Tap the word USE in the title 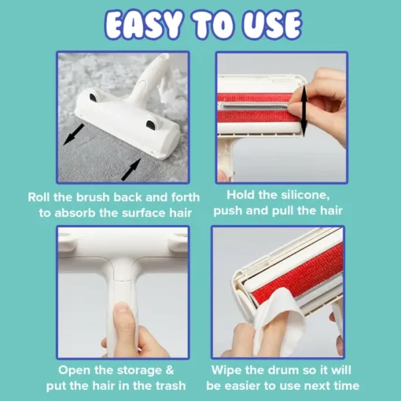272,24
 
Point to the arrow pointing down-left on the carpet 74,134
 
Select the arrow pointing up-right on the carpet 131,169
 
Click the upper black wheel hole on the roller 93,97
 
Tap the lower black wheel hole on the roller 151,124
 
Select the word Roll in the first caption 39,197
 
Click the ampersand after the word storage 170,370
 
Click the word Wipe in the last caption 225,370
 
